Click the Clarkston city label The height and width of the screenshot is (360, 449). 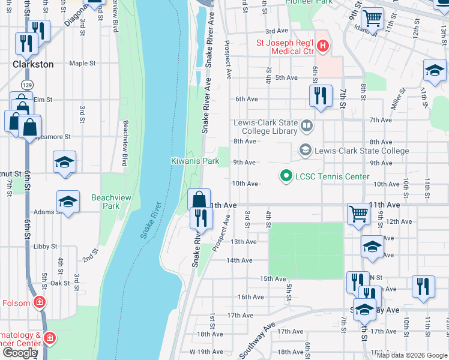tap(34, 64)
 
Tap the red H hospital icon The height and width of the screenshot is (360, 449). tap(323, 46)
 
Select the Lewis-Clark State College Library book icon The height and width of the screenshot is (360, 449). tap(307, 125)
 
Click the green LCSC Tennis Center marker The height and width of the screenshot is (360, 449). tap(286, 176)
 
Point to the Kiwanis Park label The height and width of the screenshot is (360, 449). tap(195, 161)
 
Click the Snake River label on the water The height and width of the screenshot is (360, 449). tap(152, 220)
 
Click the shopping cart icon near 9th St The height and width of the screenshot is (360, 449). tap(372, 18)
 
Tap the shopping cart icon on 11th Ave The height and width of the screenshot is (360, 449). tap(358, 213)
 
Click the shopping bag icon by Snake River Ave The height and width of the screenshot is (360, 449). tap(199, 199)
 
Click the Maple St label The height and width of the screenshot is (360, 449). tap(82, 63)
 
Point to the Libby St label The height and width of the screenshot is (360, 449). tap(45, 247)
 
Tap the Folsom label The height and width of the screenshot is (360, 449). tap(16, 303)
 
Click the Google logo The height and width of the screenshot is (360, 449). tap(19, 353)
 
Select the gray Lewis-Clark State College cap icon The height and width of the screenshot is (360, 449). tap(305, 150)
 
